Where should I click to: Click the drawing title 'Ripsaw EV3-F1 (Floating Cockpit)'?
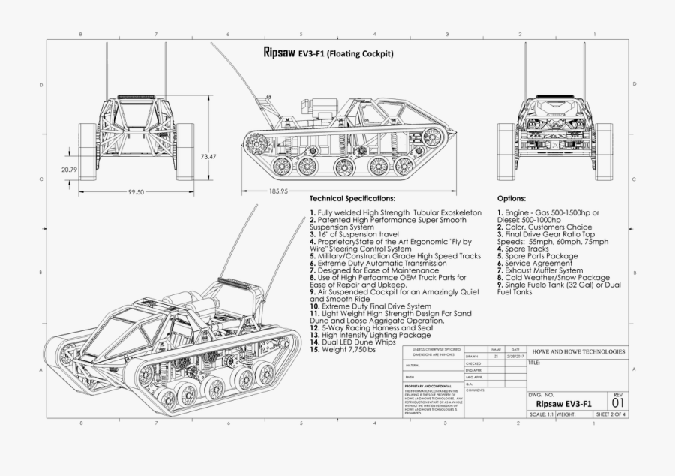click(x=328, y=54)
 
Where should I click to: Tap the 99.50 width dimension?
click(x=136, y=192)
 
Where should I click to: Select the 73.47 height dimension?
click(x=208, y=157)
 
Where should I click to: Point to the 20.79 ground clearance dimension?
click(x=70, y=170)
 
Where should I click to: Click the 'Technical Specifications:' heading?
click(x=352, y=199)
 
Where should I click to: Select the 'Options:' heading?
click(x=511, y=199)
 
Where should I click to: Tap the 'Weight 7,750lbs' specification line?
click(x=346, y=350)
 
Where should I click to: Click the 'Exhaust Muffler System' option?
click(x=539, y=270)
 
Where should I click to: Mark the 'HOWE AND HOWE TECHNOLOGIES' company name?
click(x=577, y=351)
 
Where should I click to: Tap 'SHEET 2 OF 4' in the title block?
click(x=610, y=414)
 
